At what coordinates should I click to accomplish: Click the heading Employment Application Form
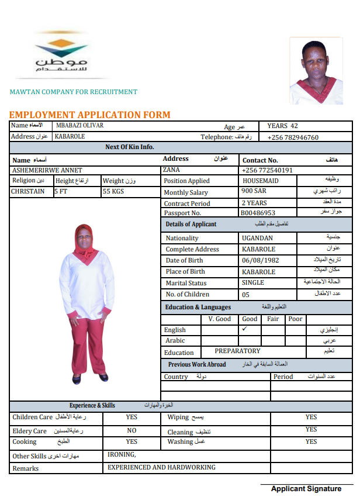[x=89, y=115]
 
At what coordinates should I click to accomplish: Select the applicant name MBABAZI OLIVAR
[x=80, y=126]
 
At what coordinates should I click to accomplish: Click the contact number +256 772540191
[x=267, y=170]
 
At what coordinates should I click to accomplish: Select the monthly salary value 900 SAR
[x=254, y=191]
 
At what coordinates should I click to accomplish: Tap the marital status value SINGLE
[x=253, y=282]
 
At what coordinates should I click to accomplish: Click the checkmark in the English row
[x=245, y=329]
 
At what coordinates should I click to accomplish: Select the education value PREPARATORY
[x=237, y=351]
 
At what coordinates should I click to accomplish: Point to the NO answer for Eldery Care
[x=131, y=430]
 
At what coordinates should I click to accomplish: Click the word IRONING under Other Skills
[x=122, y=454]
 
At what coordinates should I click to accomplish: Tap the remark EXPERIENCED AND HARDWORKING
[x=162, y=467]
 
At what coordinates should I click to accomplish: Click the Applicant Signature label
[x=306, y=489]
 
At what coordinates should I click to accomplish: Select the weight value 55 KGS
[x=113, y=191]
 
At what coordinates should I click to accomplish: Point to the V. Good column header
[x=219, y=319]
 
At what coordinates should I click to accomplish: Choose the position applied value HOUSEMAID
[x=261, y=181]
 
